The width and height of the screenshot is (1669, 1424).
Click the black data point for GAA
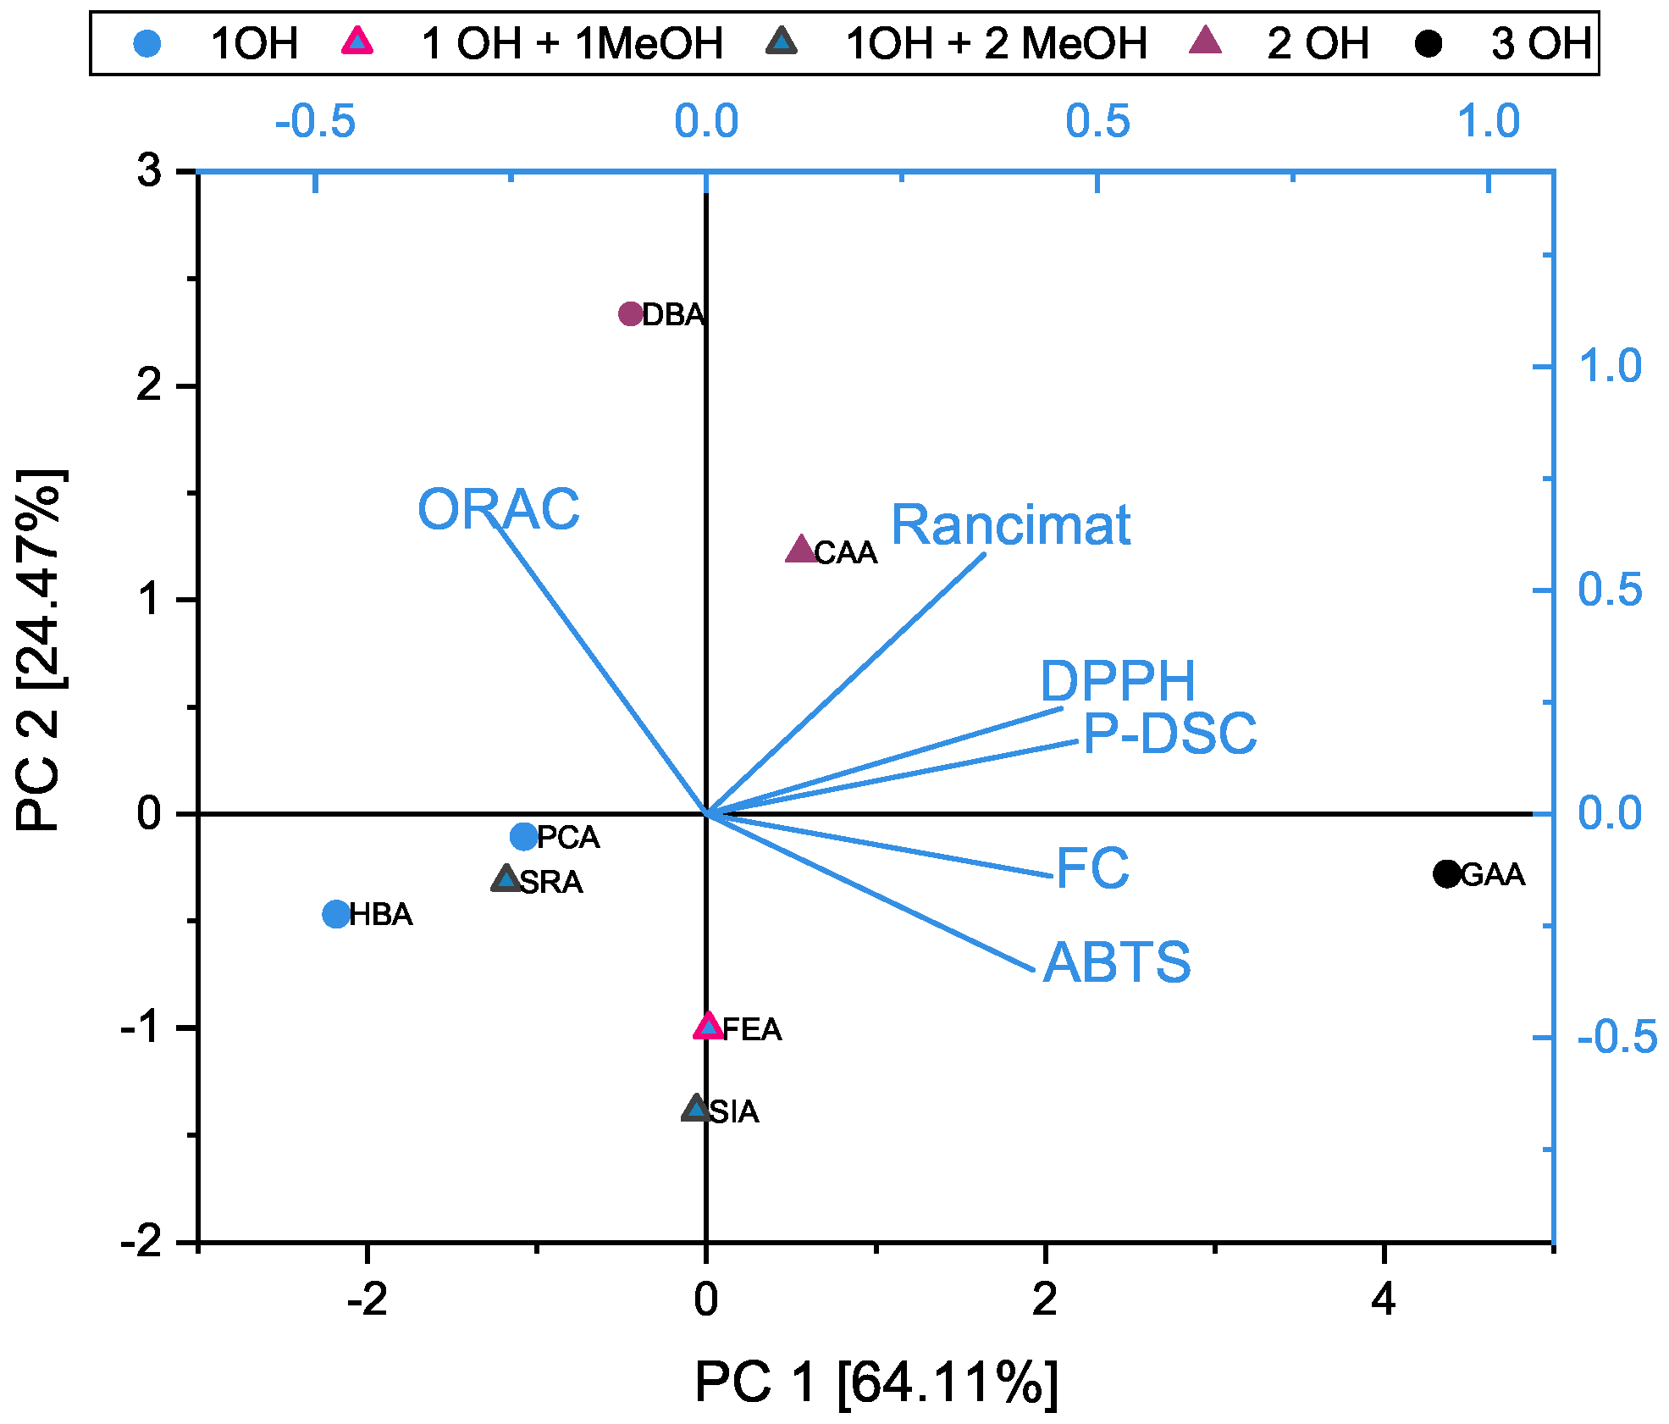pyautogui.click(x=1446, y=873)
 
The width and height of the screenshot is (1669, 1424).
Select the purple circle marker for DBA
pyautogui.click(x=631, y=314)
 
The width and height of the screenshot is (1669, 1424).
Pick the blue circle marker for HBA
pyautogui.click(x=336, y=914)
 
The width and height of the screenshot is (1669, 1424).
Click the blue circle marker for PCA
pyautogui.click(x=524, y=837)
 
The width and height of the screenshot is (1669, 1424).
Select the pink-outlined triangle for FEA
pyautogui.click(x=709, y=1027)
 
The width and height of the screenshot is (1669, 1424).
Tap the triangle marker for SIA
pyautogui.click(x=696, y=1108)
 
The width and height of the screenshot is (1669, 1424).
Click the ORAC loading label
pyautogui.click(x=499, y=509)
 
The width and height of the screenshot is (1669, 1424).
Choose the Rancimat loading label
pyautogui.click(x=1010, y=524)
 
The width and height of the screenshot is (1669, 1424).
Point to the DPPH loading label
pyautogui.click(x=1117, y=680)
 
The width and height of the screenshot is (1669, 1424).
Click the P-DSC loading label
pyautogui.click(x=1170, y=733)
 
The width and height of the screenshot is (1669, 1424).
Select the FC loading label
pyautogui.click(x=1092, y=868)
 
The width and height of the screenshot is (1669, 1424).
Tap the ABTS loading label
pyautogui.click(x=1117, y=962)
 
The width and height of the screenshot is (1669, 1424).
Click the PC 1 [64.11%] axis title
pyautogui.click(x=876, y=1382)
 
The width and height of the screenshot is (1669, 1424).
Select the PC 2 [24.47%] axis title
pyautogui.click(x=41, y=650)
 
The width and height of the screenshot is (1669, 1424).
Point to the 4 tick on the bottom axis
pyautogui.click(x=1383, y=1298)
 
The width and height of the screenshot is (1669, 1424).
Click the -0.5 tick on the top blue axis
pyautogui.click(x=315, y=122)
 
